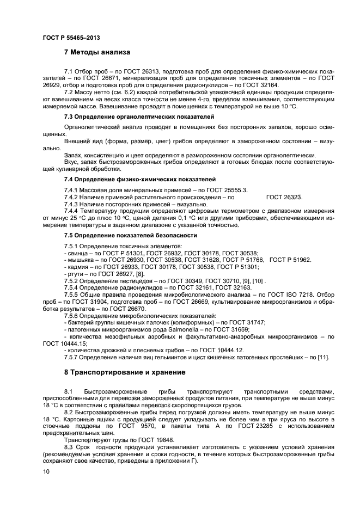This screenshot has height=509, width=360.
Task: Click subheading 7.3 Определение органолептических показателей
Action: pyautogui.click(x=139, y=117)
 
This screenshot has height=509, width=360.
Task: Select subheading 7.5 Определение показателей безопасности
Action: pyautogui.click(x=130, y=235)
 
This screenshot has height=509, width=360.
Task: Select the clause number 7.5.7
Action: pyautogui.click(x=72, y=357)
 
